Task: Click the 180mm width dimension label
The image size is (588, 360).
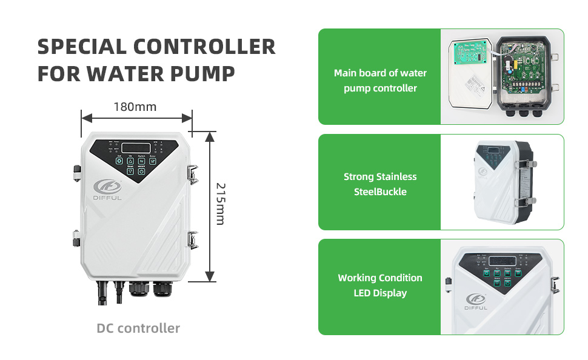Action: [x=135, y=107]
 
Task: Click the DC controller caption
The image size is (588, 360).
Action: [x=138, y=328]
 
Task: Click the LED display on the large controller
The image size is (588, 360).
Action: [x=136, y=147]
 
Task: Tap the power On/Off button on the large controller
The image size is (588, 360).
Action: [x=141, y=171]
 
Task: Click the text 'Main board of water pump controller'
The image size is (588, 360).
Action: [x=380, y=81]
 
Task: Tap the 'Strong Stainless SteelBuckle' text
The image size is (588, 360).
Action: [x=380, y=184]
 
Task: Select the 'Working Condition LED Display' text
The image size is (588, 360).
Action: [x=380, y=285]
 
